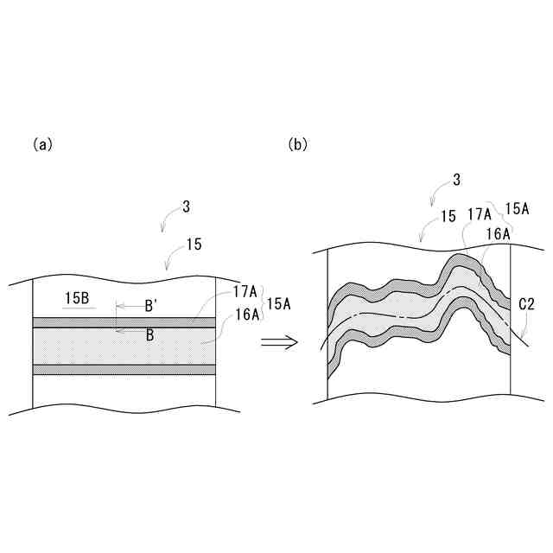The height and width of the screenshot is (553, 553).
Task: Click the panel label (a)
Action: pos(42,145)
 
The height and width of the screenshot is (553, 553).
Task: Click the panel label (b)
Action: pos(297,145)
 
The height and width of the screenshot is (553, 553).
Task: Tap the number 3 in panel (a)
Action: pos(186,207)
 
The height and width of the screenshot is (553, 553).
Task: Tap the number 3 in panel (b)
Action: pos(456,181)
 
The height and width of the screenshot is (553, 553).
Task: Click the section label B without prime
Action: pos(149,335)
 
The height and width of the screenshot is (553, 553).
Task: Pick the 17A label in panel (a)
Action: pos(245,292)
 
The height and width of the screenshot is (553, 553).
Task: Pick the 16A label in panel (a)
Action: pos(245,315)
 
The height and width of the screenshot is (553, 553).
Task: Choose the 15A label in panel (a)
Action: pos(278,304)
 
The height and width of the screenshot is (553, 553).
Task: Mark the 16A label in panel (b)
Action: pos(498,232)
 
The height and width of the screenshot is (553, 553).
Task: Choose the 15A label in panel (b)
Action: pos(518,208)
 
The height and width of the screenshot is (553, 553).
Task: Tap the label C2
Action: pos(526,304)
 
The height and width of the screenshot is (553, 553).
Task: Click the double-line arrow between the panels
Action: pos(279,342)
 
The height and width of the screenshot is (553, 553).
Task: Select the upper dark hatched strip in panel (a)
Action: pos(124,321)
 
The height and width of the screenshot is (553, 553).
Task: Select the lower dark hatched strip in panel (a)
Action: pos(124,369)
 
